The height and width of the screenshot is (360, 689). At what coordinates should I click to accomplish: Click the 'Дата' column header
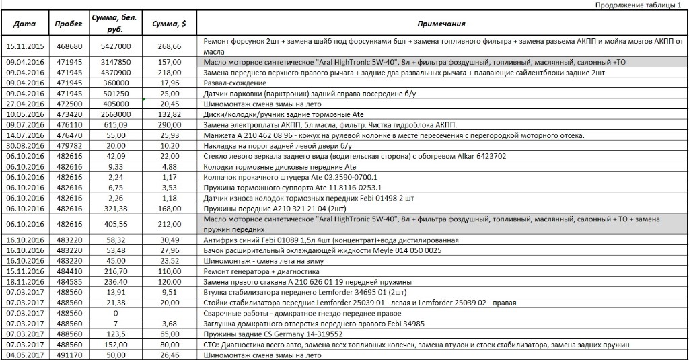(x=25, y=24)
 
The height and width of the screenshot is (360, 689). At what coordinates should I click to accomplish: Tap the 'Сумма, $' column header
(x=169, y=24)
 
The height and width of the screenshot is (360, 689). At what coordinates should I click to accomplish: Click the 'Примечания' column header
(x=441, y=24)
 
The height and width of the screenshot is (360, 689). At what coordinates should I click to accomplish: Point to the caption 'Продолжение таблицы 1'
(x=639, y=5)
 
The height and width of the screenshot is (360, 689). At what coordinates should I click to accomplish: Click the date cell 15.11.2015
(x=25, y=46)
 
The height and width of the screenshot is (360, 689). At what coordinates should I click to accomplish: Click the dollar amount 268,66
(x=169, y=46)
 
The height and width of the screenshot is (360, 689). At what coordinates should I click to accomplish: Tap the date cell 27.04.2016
(x=25, y=104)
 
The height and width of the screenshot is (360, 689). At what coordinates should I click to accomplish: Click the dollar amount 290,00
(x=169, y=125)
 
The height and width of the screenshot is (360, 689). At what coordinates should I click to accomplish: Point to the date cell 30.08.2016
(x=25, y=146)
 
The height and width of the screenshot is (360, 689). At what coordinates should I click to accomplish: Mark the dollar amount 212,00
(x=169, y=224)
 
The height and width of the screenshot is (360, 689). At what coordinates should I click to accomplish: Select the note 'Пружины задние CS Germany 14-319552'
(x=273, y=334)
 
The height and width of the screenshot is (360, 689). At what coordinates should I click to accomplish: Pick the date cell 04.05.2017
(x=25, y=355)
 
